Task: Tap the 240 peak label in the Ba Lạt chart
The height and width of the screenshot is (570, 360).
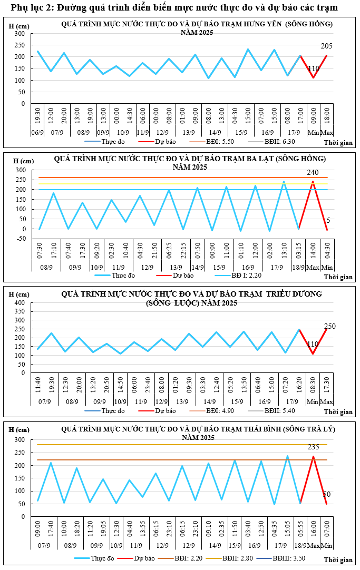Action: [313, 173]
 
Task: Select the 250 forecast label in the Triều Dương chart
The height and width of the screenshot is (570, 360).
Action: [330, 327]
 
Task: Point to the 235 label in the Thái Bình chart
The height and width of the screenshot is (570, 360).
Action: [314, 447]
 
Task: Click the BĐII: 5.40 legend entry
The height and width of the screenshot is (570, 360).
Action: [272, 411]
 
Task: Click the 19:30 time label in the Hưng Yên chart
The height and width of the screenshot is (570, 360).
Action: [38, 116]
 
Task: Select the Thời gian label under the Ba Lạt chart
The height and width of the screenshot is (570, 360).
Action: [338, 277]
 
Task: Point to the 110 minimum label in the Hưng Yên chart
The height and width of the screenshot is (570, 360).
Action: [313, 69]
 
